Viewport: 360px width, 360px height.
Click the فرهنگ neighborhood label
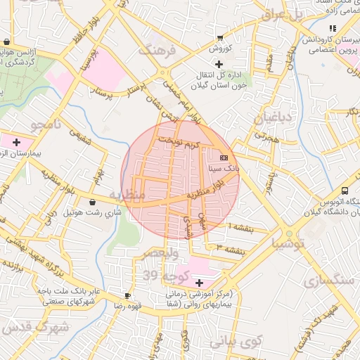coord(155,51)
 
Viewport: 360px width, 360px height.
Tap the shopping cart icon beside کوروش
coord(220,38)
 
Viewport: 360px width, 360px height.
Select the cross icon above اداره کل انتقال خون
coord(219,64)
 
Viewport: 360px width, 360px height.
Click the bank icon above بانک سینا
coord(224,157)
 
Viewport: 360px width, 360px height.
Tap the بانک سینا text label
coord(224,169)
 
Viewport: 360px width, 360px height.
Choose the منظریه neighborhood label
coord(127,193)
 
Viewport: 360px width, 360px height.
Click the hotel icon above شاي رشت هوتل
coord(93,202)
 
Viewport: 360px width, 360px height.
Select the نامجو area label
coord(46,125)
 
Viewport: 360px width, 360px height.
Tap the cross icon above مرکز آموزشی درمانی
coord(199,282)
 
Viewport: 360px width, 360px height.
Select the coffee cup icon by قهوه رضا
coord(127,296)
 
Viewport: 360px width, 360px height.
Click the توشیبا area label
coord(288,245)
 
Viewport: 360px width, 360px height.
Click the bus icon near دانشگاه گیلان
coord(345,191)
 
